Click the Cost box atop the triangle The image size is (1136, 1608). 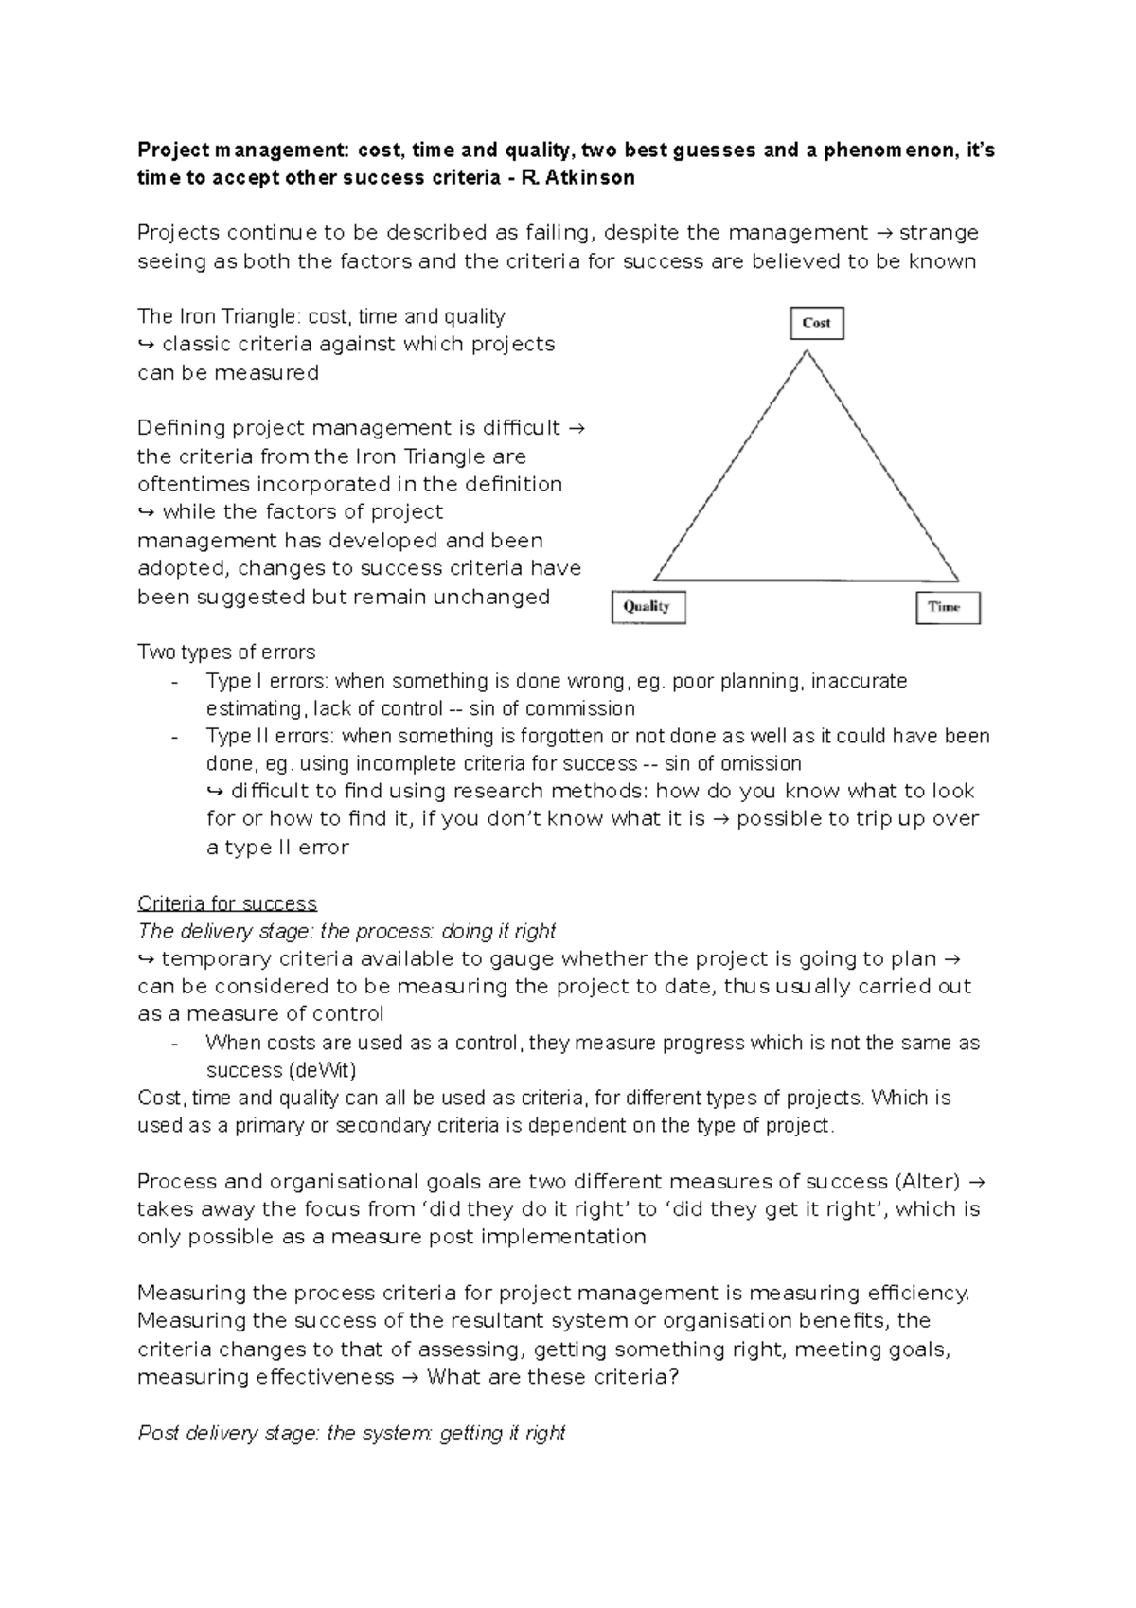(816, 323)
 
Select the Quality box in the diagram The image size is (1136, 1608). (648, 607)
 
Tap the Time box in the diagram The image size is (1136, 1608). (947, 607)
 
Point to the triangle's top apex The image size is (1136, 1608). (808, 352)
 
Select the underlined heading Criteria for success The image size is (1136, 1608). (227, 903)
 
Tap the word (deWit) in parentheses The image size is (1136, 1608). (323, 1070)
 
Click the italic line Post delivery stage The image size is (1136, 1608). (351, 1433)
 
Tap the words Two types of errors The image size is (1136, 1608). (226, 652)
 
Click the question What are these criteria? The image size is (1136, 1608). (553, 1377)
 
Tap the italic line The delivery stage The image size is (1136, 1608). (346, 931)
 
